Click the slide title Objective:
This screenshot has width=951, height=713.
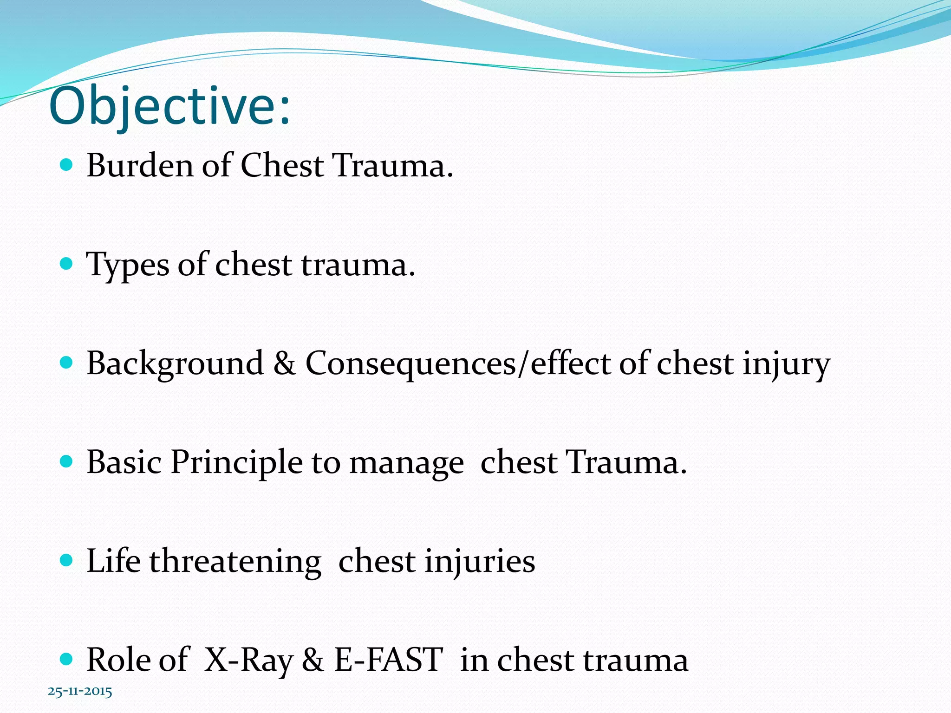click(169, 107)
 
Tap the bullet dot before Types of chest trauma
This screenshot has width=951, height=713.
click(67, 264)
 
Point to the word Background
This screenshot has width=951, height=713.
click(175, 364)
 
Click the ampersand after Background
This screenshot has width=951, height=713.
click(284, 363)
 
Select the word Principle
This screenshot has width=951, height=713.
click(236, 463)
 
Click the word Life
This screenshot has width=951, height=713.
click(113, 561)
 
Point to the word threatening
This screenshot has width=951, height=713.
click(235, 562)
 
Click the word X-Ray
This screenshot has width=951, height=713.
click(249, 660)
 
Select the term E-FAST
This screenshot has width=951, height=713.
click(388, 660)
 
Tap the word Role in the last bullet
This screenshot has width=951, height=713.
click(118, 660)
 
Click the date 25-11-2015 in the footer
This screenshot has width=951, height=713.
click(80, 692)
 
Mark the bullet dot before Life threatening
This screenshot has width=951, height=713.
click(67, 560)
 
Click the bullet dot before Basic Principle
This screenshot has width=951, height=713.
click(67, 461)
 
